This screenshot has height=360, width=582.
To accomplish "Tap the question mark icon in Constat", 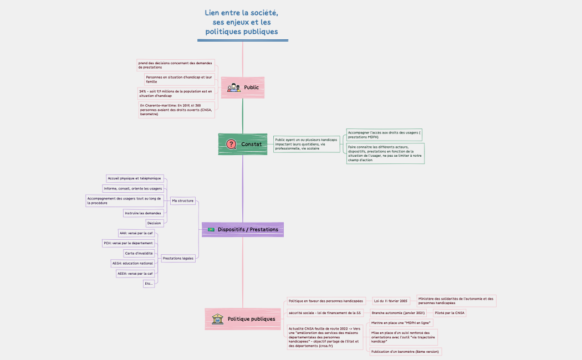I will click(231, 144).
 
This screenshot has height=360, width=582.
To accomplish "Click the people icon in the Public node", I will click(234, 88).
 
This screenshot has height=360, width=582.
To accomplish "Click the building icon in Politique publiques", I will click(217, 318).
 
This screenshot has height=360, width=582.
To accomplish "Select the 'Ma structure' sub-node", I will click(182, 200).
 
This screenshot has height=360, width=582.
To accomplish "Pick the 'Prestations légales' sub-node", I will click(178, 258).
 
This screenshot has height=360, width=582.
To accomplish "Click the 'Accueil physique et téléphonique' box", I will click(135, 178).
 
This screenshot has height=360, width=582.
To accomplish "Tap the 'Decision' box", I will click(154, 223).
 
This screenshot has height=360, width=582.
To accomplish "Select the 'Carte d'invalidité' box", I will click(139, 253).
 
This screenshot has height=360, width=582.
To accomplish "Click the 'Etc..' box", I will click(148, 284).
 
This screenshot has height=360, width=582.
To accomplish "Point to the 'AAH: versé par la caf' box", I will click(136, 233).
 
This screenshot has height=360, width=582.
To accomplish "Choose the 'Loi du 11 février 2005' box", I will click(391, 301).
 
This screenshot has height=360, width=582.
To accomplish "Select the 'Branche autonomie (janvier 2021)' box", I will click(398, 313).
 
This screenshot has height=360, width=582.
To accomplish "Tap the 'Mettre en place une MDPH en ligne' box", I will click(401, 322).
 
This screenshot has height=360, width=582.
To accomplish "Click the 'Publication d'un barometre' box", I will click(405, 352).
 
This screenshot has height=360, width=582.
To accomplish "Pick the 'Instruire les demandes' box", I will click(143, 213).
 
